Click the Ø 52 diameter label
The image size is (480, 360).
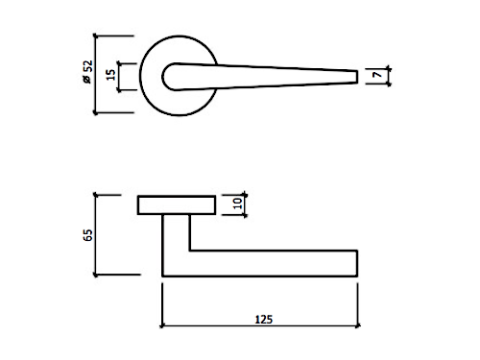[x=87, y=72]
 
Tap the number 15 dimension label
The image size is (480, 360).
[x=110, y=75]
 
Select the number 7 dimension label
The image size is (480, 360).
[x=378, y=75]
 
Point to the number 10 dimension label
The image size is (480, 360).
[x=237, y=204]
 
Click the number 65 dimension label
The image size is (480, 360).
[x=87, y=235]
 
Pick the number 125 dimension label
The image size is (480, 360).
[x=264, y=320]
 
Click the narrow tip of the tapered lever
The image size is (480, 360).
[x=357, y=77]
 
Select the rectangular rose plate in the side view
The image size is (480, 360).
[x=177, y=204]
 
